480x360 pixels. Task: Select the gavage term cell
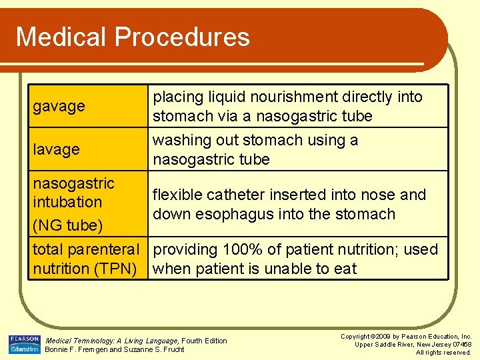click(59, 106)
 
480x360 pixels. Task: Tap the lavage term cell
click(57, 149)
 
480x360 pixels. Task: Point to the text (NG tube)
click(68, 225)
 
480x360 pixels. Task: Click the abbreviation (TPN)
click(120, 269)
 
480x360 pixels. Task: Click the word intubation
click(67, 202)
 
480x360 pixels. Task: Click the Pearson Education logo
click(24, 345)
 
